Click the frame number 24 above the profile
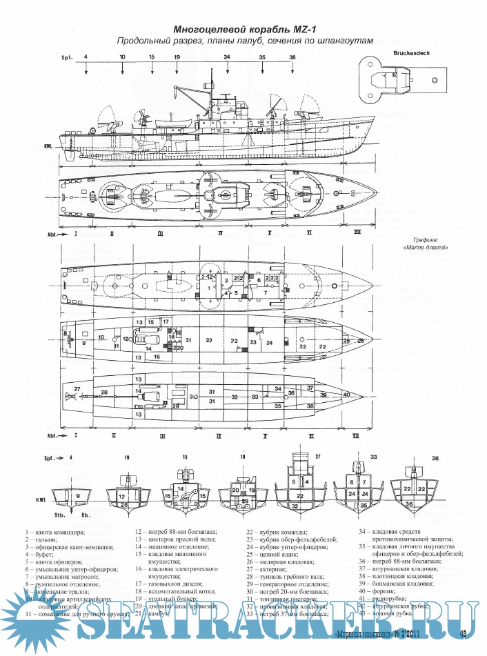tap(227, 57)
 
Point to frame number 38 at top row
tap(292, 57)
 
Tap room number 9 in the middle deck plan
tap(83, 342)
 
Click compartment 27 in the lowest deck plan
tap(77, 390)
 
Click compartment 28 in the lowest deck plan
tap(104, 392)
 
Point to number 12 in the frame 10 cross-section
tap(121, 496)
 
